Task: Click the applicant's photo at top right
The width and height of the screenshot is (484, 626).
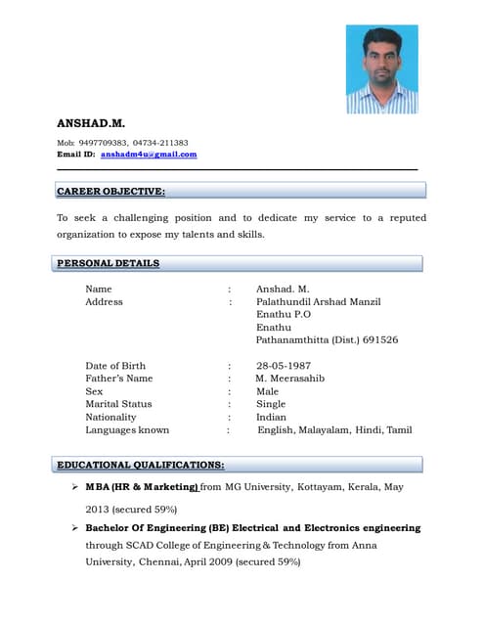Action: click(x=381, y=68)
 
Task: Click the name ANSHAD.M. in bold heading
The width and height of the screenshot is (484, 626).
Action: click(x=91, y=123)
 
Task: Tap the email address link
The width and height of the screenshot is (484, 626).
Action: click(x=149, y=155)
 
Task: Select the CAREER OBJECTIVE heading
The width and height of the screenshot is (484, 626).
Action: click(x=110, y=192)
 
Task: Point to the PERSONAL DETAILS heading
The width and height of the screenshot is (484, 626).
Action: click(x=108, y=263)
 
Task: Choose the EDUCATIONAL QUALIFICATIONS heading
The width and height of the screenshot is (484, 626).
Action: click(x=141, y=465)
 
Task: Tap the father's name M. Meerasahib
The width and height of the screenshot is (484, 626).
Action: click(x=290, y=379)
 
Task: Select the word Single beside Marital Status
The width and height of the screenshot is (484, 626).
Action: click(x=271, y=404)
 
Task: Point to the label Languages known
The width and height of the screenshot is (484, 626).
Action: click(x=127, y=429)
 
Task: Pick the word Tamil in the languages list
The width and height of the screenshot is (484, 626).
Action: click(x=399, y=429)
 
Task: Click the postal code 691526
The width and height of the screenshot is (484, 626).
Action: click(x=380, y=339)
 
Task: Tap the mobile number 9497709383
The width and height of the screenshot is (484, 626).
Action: click(x=103, y=143)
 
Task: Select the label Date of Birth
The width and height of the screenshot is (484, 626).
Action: click(x=115, y=366)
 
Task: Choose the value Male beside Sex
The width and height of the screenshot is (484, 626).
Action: click(x=267, y=391)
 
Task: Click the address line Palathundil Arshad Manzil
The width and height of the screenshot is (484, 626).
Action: click(x=318, y=301)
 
